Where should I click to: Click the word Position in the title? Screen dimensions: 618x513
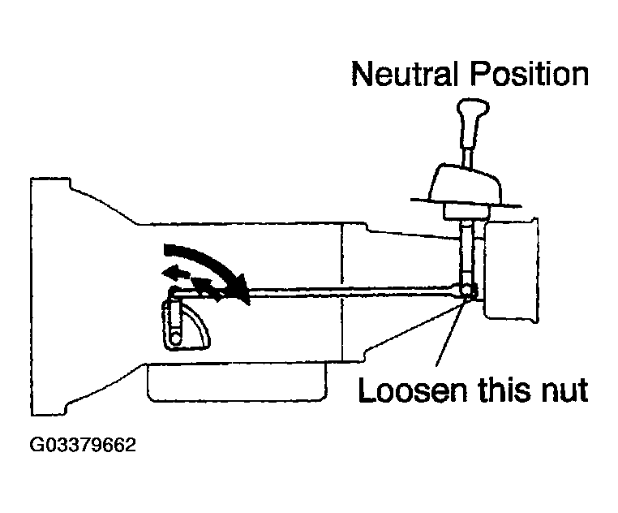point(529,73)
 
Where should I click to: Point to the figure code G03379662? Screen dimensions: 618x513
point(83,445)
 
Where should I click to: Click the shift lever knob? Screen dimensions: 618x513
point(473,123)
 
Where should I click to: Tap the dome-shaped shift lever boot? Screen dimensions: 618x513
point(467,184)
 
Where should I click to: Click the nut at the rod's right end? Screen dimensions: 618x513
point(468,290)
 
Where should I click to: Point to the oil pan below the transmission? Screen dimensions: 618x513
point(237,382)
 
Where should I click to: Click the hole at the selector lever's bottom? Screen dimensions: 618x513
point(176,338)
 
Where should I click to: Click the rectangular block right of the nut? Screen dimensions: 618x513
point(511,269)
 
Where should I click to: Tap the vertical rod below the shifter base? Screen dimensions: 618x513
point(466,252)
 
